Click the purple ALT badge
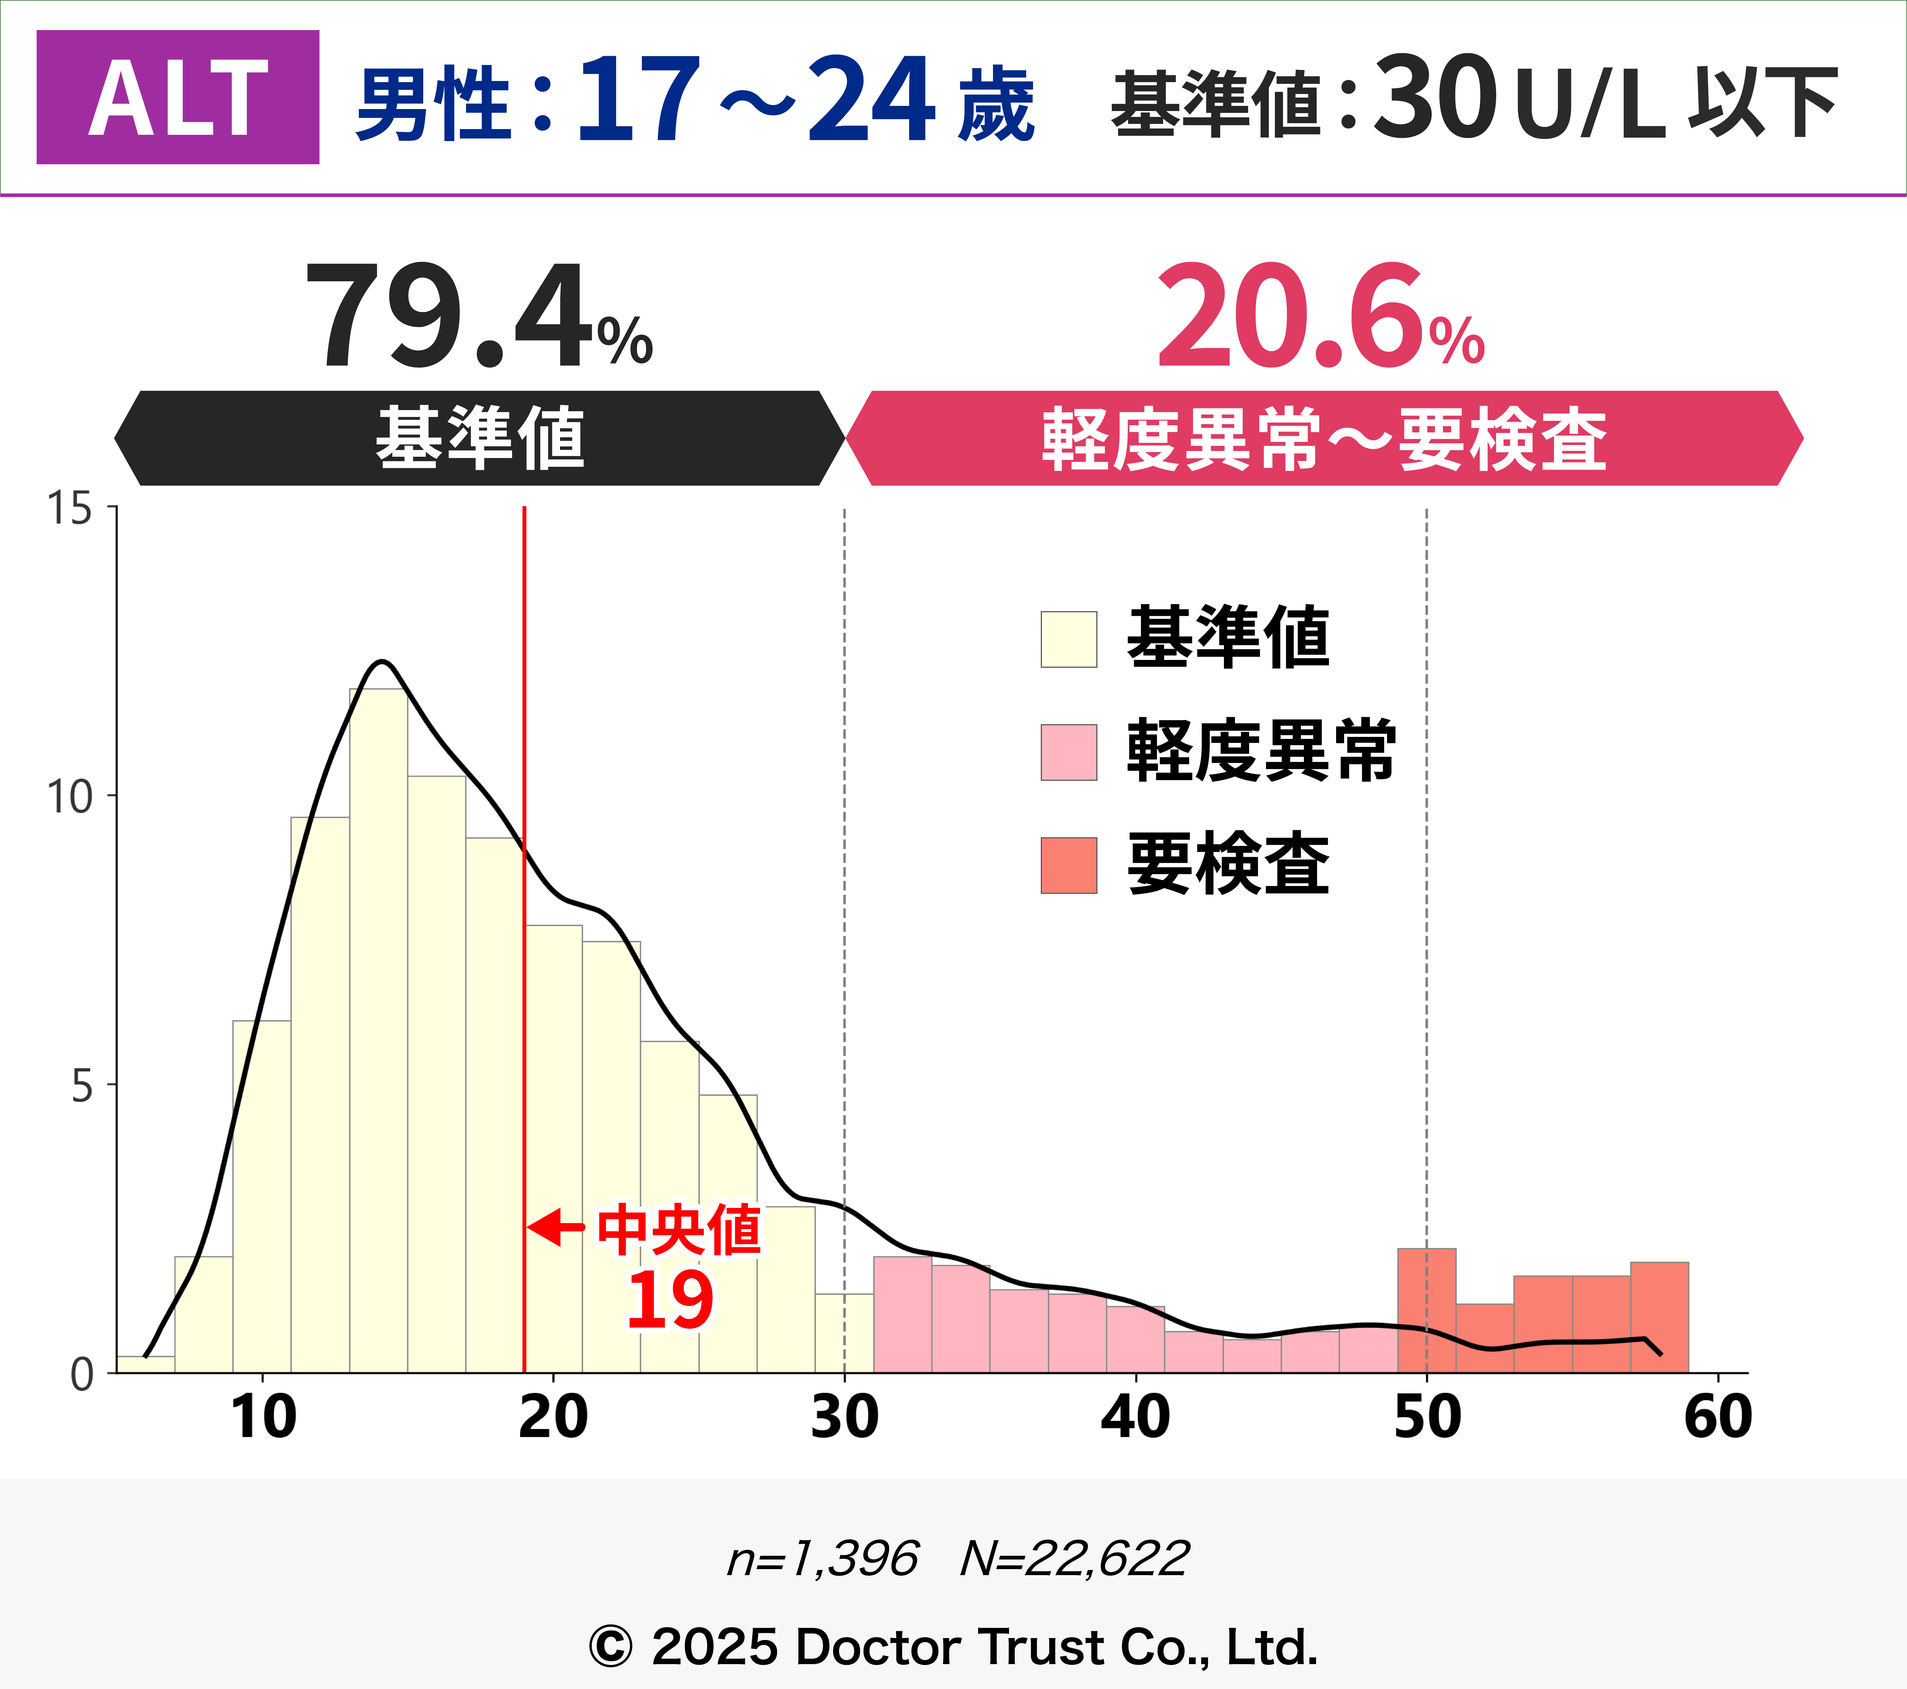tap(177, 97)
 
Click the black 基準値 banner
tap(480, 438)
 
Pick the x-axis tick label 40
tap(1136, 1417)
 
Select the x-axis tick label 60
tap(1718, 1417)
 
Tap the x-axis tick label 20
tap(553, 1417)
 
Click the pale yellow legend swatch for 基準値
tap(1068, 639)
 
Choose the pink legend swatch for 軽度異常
tap(1068, 752)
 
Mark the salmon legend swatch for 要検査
tap(1068, 865)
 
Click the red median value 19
tap(670, 1300)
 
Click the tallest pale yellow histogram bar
tap(378, 1027)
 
